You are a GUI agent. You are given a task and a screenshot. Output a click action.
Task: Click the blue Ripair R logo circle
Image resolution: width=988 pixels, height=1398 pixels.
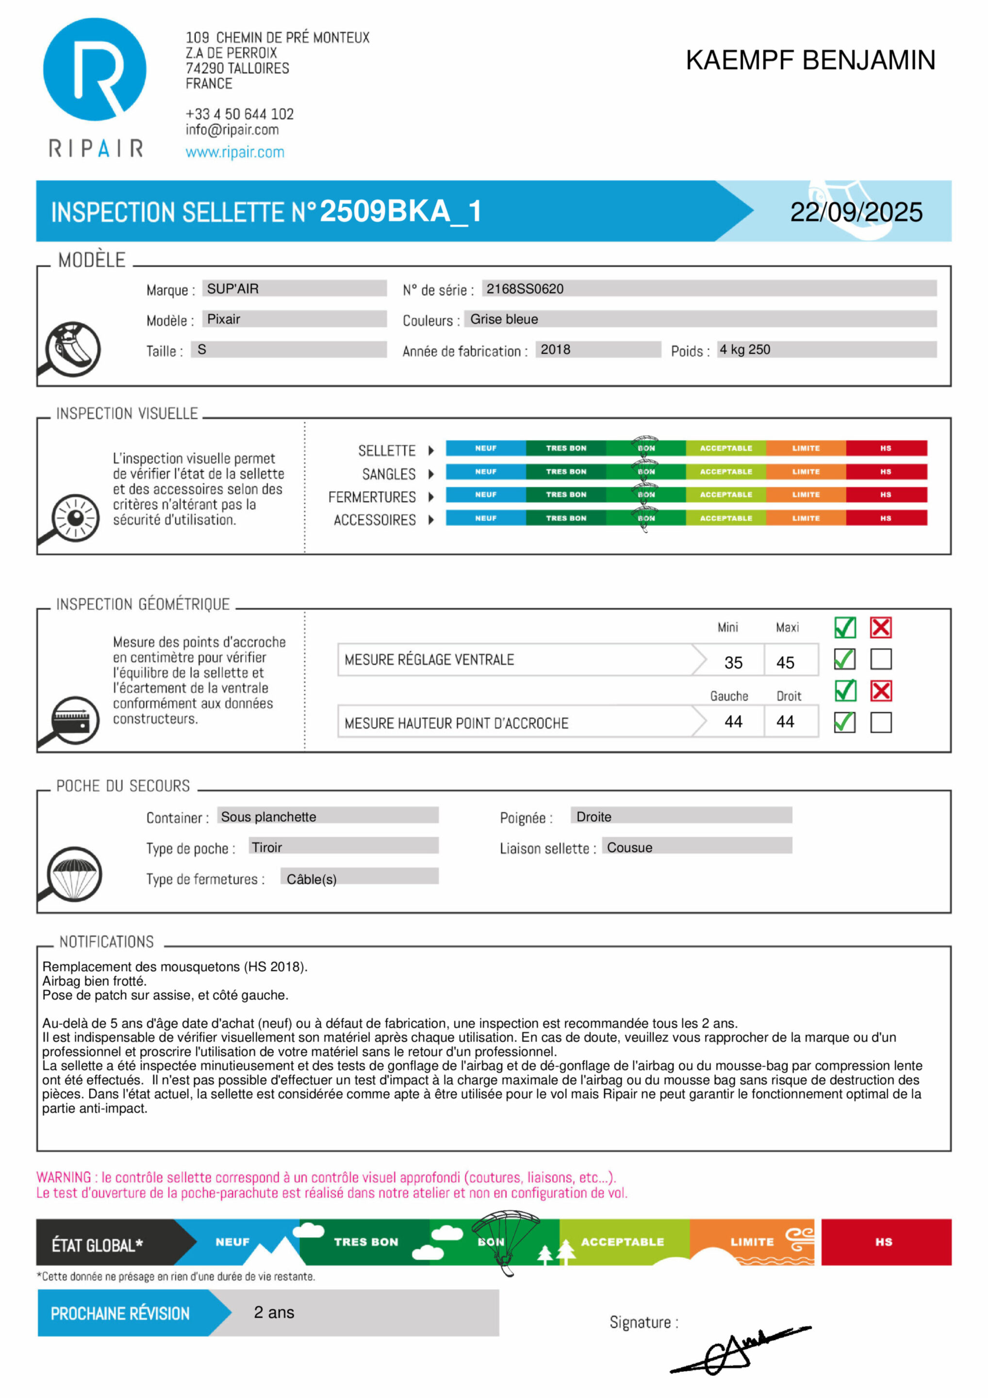pos(94,69)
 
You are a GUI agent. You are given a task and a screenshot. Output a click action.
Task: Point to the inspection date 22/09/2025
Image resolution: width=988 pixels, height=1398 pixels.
pos(856,212)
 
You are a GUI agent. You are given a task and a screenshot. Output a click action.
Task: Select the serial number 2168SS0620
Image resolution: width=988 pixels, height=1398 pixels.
pos(525,289)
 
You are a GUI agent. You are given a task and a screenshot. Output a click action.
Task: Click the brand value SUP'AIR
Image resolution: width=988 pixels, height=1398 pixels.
pos(232,289)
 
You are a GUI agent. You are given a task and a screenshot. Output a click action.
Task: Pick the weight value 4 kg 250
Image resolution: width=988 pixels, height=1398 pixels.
pos(744,349)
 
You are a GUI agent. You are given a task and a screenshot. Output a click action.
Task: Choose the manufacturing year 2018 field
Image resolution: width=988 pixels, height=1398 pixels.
pos(555,349)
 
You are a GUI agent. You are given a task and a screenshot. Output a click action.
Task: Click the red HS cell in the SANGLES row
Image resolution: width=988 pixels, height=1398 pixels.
pos(885,471)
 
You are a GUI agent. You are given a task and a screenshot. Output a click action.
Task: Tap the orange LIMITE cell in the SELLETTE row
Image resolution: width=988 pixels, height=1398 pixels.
pos(806,448)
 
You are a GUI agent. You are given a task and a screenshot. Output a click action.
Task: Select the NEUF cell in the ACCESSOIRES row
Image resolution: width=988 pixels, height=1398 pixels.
pos(485,518)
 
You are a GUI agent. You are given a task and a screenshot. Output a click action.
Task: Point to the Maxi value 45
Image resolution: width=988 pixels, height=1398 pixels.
pos(785,663)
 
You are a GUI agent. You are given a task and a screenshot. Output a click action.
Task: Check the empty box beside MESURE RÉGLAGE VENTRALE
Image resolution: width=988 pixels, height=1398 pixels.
pos(880,659)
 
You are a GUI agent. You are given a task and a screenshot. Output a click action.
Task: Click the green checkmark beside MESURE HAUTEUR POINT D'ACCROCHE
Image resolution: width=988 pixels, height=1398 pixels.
pos(844,722)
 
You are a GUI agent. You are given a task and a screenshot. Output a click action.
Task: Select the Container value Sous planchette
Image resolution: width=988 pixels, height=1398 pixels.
pos(268,816)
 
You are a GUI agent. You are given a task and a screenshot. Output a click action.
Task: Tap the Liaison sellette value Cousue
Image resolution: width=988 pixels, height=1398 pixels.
pos(629,848)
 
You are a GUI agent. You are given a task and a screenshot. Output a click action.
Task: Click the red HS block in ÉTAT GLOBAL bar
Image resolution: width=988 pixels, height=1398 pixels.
pos(885,1242)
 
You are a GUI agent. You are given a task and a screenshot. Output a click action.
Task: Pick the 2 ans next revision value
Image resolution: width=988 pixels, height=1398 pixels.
pos(274,1312)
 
